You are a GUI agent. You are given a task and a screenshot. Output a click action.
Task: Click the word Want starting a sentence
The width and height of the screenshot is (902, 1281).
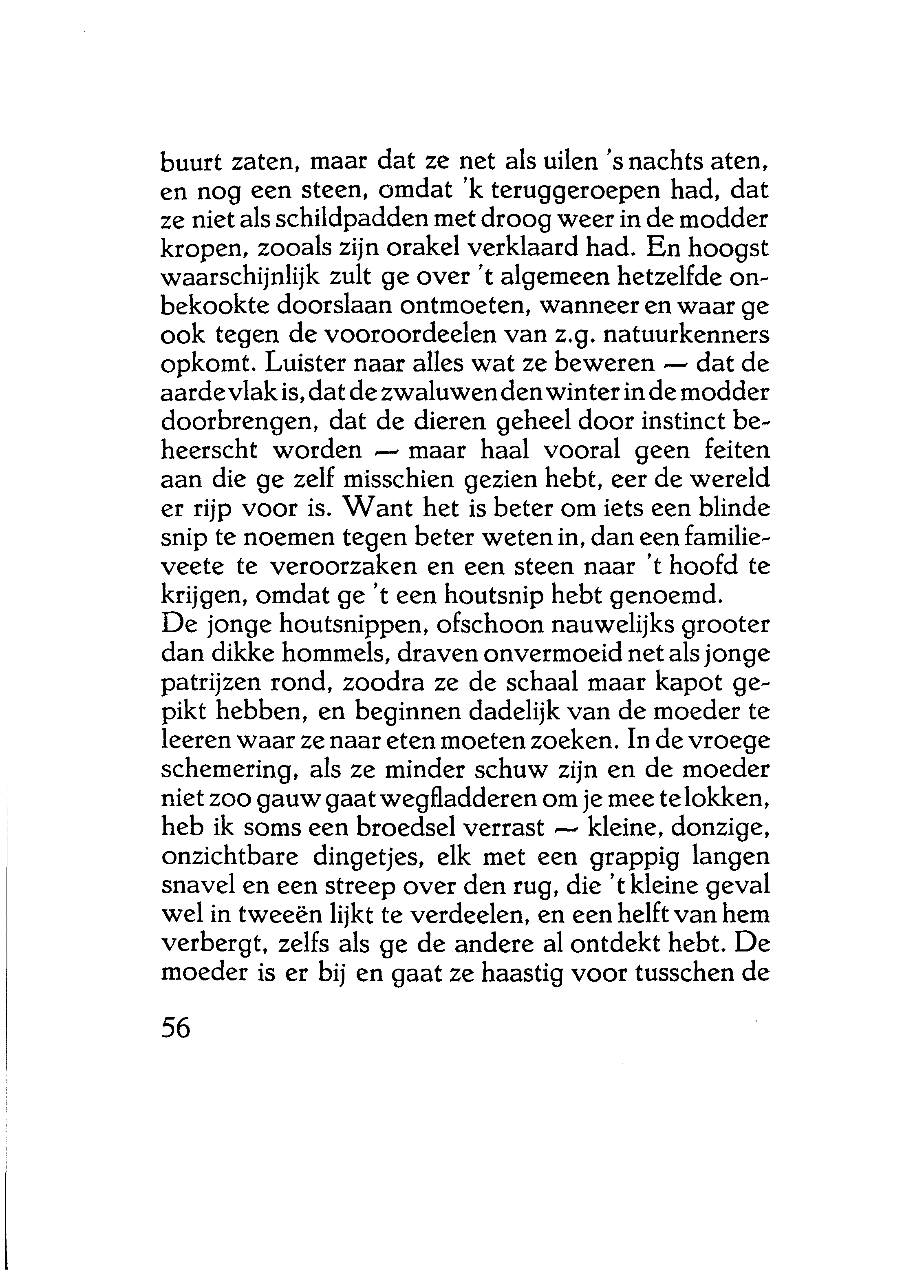coord(379,509)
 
